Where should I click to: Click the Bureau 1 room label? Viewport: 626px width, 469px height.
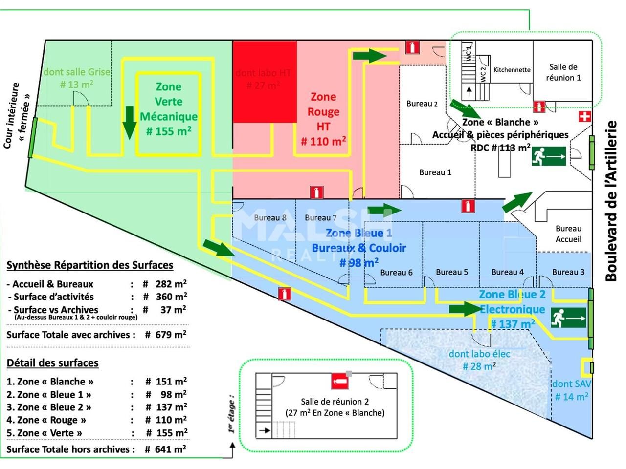coord(435,172)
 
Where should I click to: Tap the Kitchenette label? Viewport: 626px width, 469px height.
coord(512,70)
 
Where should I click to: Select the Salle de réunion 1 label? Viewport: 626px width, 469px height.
coord(563,72)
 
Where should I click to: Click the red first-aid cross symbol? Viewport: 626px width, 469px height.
coord(584,116)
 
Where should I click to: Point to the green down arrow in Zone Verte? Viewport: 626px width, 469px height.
coord(130,122)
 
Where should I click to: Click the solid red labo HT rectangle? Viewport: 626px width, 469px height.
coord(265,82)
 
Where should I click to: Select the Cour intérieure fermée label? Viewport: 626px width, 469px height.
coord(17,115)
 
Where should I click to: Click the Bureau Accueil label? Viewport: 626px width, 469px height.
coord(568,234)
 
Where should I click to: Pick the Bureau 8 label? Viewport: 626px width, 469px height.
coord(270,217)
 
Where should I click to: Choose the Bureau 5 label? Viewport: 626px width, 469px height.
coord(451,272)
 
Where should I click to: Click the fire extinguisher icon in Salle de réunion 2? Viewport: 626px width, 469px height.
coord(338,381)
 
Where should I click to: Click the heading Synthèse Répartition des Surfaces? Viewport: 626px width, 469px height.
coord(90,265)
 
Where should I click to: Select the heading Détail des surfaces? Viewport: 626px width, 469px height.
coord(52,363)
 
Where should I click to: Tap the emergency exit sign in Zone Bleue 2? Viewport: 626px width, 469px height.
coord(568,318)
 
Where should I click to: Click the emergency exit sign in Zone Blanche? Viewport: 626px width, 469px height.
coord(549,157)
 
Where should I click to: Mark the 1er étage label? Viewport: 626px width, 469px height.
coord(231,415)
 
